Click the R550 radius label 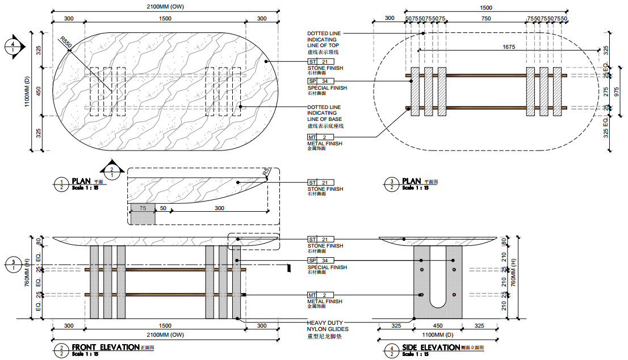tap(66, 41)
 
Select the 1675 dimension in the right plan tap(508, 47)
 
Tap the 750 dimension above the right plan tap(486, 19)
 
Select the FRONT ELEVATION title tap(105, 347)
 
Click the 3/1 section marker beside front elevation tap(12, 265)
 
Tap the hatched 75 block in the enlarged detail tap(142, 215)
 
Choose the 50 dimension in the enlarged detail tap(162, 208)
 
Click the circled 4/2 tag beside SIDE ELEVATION tap(391, 350)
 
